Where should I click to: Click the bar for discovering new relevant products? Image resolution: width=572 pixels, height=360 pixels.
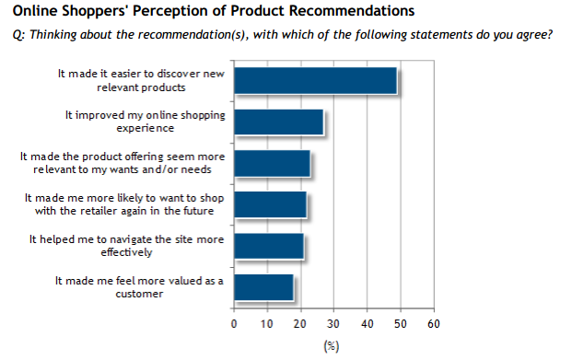coord(315,81)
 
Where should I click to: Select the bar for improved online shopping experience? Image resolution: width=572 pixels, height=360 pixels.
coord(278,122)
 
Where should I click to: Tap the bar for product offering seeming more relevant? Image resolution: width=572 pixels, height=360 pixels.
coord(272,163)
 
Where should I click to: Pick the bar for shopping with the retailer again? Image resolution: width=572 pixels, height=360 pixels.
coord(270,204)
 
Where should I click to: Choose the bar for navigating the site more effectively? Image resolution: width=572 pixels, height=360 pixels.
coord(268,246)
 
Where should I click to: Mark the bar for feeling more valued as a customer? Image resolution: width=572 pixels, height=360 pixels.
coord(263,286)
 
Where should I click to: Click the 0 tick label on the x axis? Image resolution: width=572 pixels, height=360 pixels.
coord(234,324)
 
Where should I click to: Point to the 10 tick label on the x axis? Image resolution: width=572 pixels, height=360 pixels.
coord(267,324)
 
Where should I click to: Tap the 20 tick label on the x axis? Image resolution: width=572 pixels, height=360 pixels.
coord(300,324)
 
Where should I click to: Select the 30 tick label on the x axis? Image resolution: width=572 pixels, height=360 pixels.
coord(333,324)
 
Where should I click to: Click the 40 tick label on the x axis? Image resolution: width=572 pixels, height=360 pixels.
coord(367,324)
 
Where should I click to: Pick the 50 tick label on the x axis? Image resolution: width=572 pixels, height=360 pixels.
coord(401,324)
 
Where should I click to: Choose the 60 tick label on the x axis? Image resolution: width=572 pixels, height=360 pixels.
coord(434,324)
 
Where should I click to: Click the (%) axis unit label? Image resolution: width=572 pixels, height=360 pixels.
coord(333,346)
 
